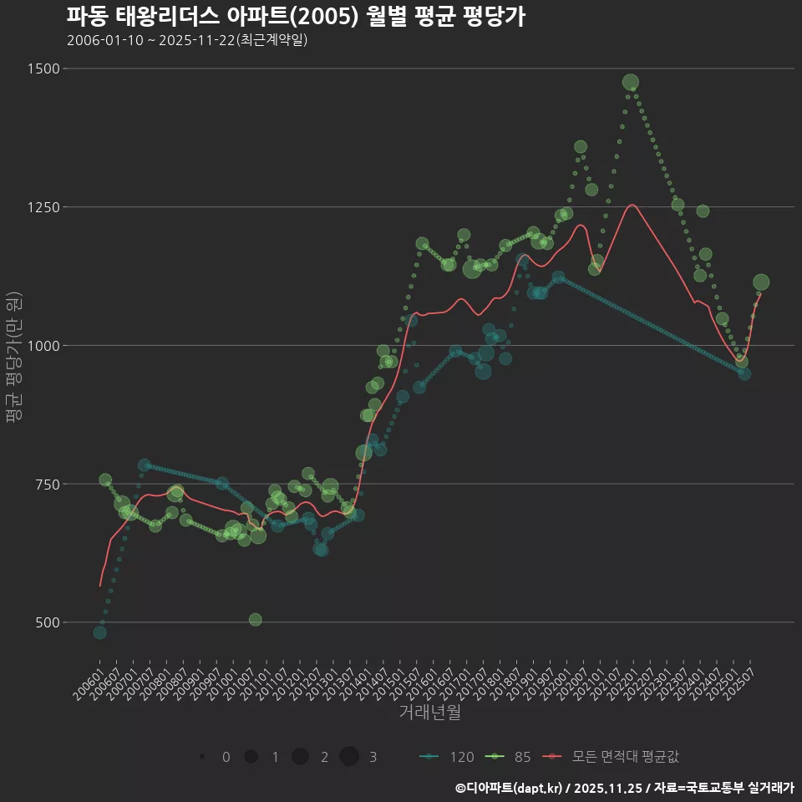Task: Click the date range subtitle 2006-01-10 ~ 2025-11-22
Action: click(x=187, y=40)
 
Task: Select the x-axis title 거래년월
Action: click(x=429, y=712)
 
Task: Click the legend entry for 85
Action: click(x=510, y=757)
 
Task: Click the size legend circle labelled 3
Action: click(x=349, y=757)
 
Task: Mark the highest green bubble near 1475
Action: click(x=631, y=82)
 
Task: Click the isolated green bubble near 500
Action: click(x=256, y=620)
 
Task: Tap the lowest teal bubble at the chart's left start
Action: click(x=99, y=632)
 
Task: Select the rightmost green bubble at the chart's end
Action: click(x=761, y=282)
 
